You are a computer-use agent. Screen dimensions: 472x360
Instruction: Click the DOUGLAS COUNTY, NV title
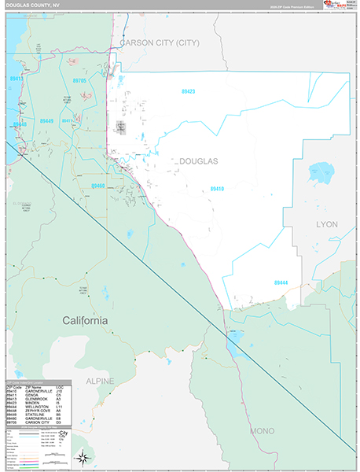(32, 6)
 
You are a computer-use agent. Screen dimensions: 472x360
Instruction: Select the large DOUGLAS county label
(199, 160)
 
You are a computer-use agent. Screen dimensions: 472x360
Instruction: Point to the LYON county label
(326, 224)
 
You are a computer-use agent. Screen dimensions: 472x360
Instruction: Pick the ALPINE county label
(100, 382)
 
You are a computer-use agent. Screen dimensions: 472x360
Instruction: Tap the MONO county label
(262, 432)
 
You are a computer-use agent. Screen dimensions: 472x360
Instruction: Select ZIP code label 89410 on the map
(217, 189)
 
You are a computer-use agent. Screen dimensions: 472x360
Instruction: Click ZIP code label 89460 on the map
(97, 186)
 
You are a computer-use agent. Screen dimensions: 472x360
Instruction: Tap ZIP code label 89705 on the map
(79, 81)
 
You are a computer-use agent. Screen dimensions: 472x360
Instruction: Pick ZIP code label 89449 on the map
(47, 121)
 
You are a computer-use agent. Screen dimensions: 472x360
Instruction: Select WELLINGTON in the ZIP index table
(38, 407)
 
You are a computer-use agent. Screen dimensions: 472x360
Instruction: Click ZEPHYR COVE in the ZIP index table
(39, 411)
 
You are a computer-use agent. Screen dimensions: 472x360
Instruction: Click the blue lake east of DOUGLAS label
(321, 170)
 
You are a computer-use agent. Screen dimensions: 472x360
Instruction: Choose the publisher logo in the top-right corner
(340, 9)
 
